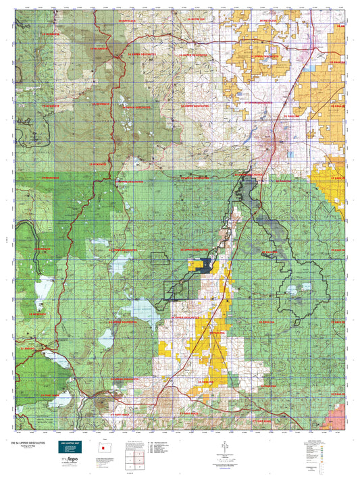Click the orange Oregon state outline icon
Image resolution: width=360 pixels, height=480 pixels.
[98, 446]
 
